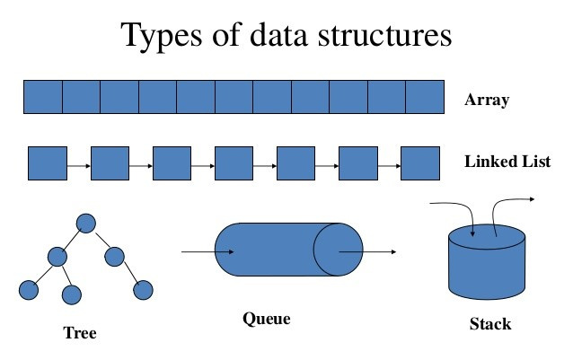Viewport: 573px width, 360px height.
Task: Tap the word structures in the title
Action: coord(378,36)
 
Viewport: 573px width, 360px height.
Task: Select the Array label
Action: coord(487,100)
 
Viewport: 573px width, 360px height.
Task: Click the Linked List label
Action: coord(507,162)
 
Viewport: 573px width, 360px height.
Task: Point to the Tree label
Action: coord(79,333)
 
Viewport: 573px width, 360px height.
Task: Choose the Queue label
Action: coord(267,318)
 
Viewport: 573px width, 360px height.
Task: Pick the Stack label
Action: coord(490,323)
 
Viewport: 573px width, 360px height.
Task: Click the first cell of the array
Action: coord(42,97)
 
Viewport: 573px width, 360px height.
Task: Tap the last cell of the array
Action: coord(425,97)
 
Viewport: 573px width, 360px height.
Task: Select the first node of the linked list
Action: coord(48,163)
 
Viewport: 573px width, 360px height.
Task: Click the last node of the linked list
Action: coord(419,163)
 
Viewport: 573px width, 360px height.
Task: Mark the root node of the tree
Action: coord(86,222)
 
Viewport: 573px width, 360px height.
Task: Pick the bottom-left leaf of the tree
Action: coord(28,290)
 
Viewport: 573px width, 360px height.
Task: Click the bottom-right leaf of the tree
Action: coord(143,290)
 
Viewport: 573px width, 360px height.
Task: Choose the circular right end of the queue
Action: coord(338,248)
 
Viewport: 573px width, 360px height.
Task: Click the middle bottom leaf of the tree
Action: coord(72,293)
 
